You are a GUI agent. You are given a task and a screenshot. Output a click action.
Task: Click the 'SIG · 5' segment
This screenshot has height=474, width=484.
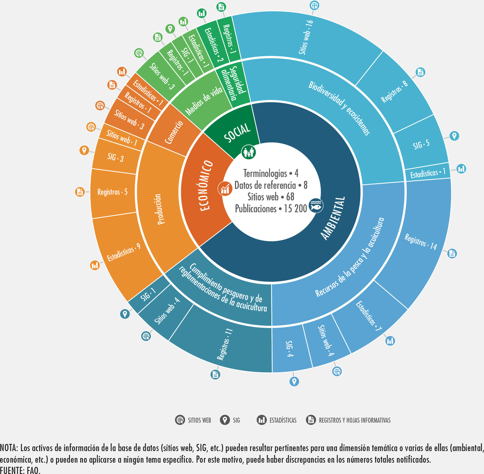(421, 144)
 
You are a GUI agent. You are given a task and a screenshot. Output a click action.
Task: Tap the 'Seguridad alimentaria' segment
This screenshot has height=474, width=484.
(233, 83)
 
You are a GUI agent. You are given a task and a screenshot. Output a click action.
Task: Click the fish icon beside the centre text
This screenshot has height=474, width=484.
(316, 205)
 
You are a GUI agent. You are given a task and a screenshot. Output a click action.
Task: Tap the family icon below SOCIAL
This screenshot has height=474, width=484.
(248, 152)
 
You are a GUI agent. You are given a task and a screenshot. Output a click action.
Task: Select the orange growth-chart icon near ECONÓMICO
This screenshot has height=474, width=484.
(225, 189)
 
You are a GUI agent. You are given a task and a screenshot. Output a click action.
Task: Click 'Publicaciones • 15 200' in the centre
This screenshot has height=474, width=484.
(271, 209)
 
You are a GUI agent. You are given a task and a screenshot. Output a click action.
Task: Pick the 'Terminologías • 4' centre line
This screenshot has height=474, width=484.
(271, 173)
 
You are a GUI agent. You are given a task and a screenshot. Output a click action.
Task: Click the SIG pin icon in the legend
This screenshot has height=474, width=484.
(225, 420)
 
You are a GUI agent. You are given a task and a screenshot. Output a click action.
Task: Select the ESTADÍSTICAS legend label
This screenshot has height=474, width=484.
(283, 420)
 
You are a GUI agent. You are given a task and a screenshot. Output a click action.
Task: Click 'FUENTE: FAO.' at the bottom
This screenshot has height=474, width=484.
(20, 470)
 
